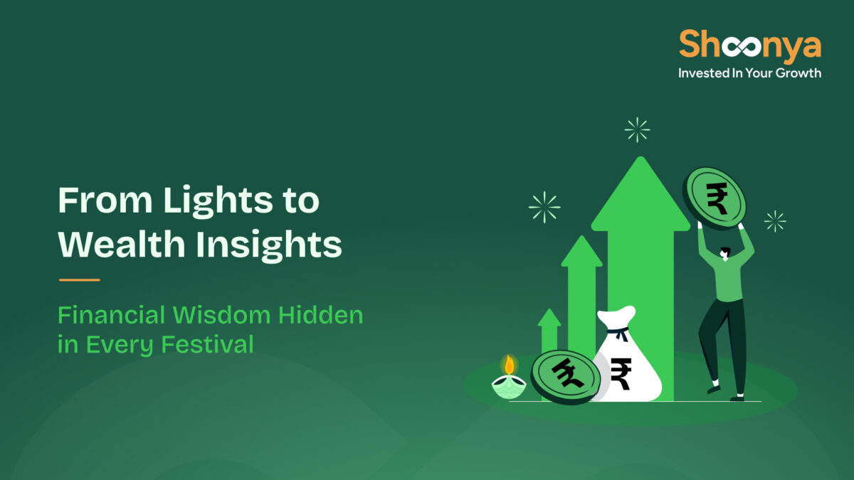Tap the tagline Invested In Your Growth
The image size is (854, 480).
[x=749, y=73]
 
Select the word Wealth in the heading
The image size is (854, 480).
[x=122, y=245]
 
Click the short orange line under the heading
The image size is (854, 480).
[x=79, y=279]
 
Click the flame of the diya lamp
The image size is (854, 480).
[x=509, y=366]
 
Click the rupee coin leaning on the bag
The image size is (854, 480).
[x=566, y=376]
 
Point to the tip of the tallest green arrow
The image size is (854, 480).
[x=640, y=162]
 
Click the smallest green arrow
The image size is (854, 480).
[x=549, y=334]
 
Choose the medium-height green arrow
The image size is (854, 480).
[x=581, y=292]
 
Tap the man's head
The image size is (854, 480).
[x=724, y=252]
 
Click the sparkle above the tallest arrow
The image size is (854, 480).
[x=637, y=129]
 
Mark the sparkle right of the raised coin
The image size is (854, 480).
[x=775, y=221]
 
